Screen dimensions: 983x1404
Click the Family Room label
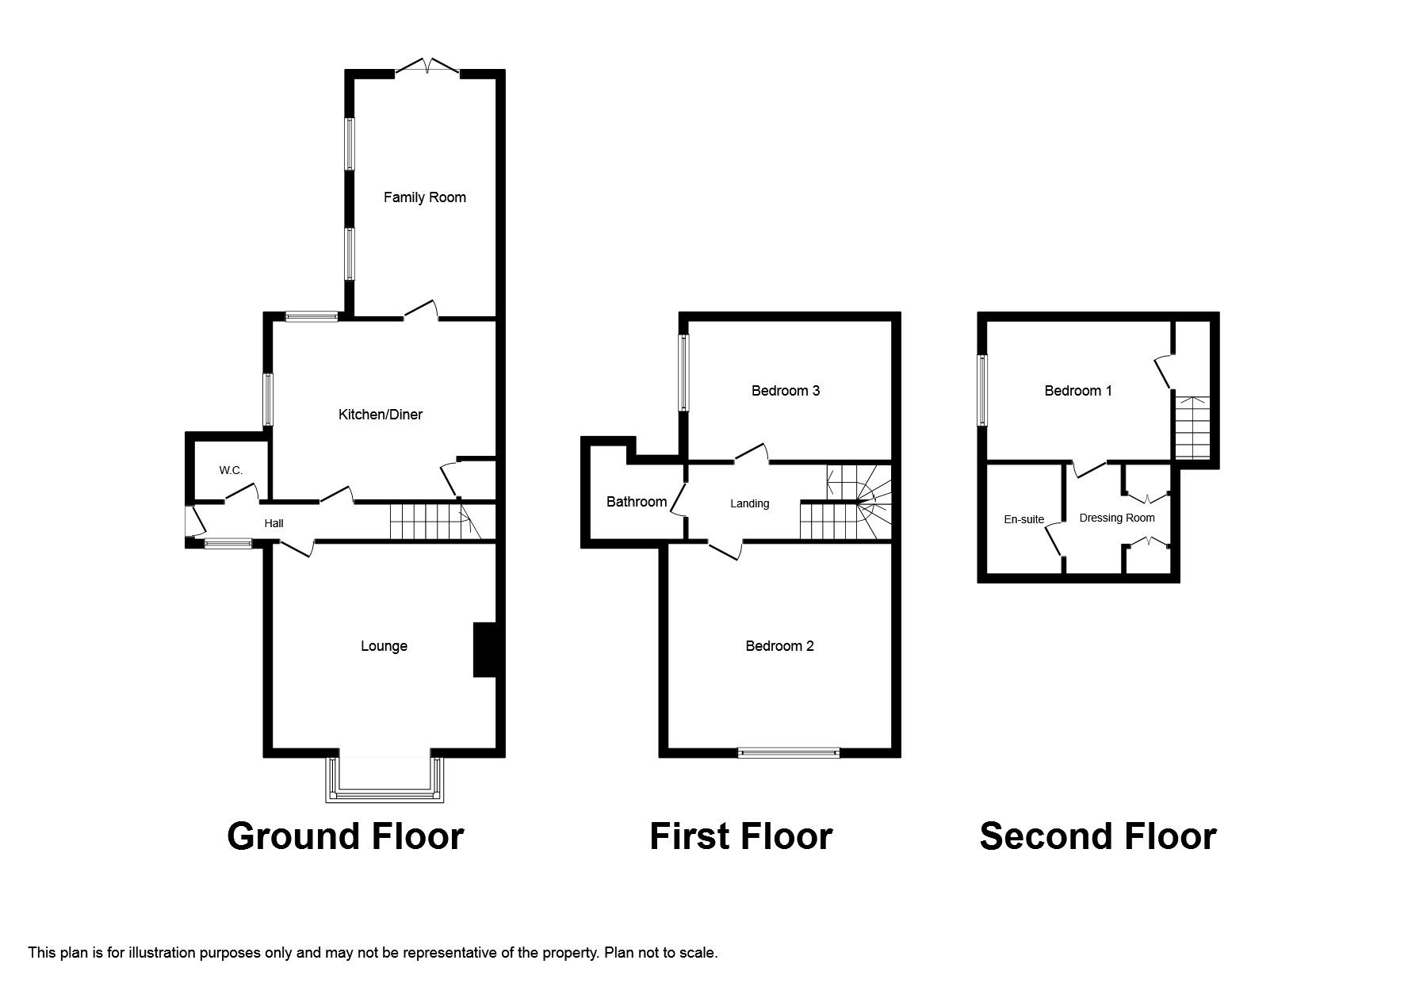424,197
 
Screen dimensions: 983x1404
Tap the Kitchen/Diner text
381,415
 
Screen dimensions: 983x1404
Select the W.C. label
231,471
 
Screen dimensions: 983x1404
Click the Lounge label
384,646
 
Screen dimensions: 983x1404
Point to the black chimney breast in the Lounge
484,650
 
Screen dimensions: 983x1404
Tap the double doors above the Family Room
427,67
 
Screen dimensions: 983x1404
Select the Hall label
274,523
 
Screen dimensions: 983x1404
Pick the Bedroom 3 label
785,391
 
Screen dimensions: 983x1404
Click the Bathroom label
636,502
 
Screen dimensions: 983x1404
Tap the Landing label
749,503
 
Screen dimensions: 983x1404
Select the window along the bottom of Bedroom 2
788,752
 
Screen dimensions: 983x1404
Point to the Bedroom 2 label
779,646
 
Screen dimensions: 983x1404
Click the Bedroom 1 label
1077,391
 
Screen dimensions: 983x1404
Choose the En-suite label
1023,520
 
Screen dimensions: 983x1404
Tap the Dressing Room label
1116,518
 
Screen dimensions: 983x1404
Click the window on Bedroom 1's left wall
982,390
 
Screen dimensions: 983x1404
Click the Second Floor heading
1097,837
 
